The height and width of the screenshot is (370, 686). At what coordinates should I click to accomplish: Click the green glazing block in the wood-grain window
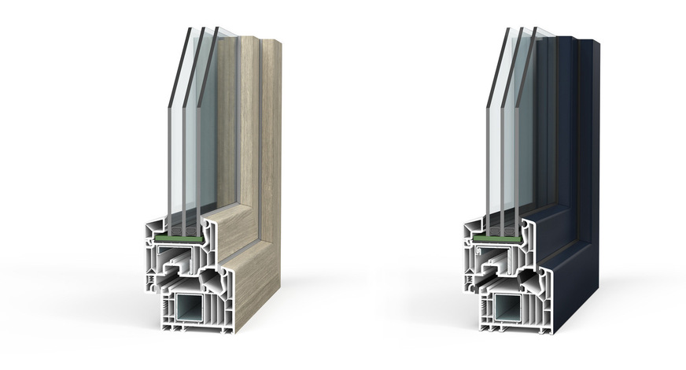click(183, 234)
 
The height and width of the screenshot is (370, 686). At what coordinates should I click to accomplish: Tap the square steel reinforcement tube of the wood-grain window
click(193, 308)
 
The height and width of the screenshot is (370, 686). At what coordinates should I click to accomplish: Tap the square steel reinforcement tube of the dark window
click(512, 308)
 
